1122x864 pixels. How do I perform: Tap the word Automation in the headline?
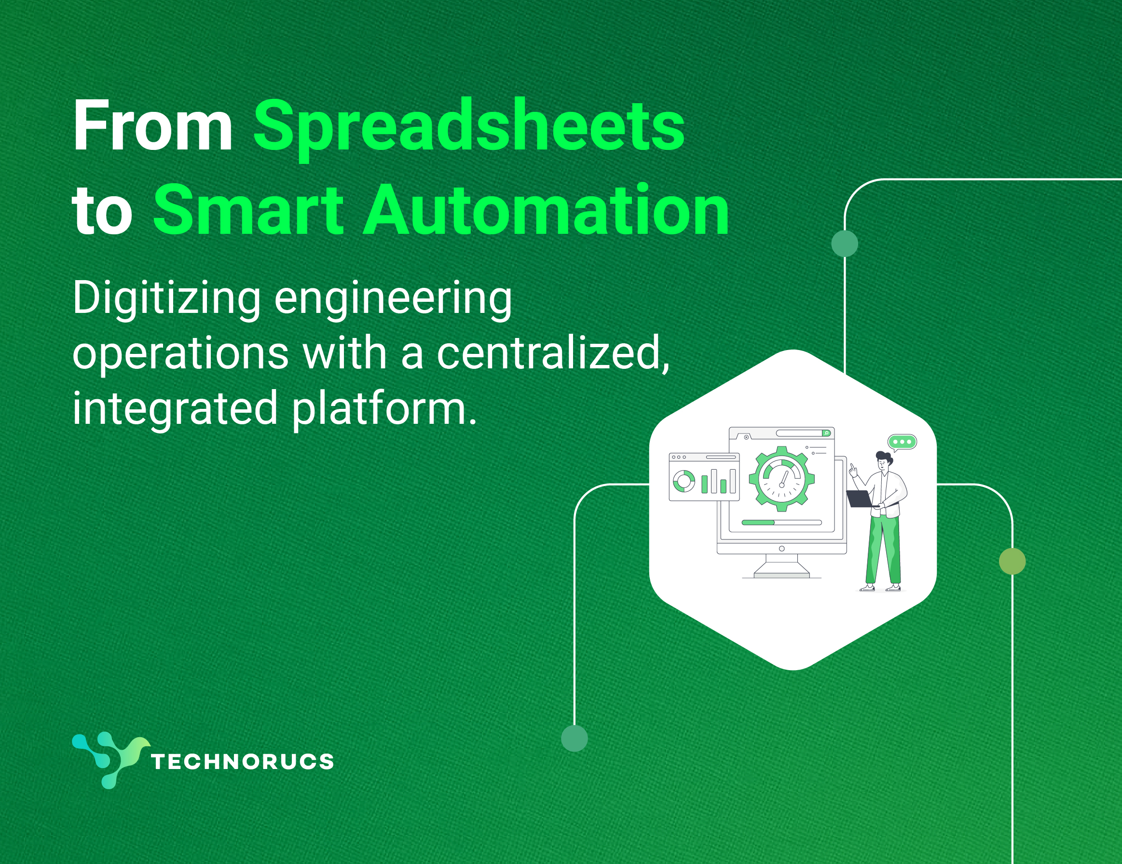546,211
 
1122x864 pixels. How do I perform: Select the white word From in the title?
152,125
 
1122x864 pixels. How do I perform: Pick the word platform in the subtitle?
384,409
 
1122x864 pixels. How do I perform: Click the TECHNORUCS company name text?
243,761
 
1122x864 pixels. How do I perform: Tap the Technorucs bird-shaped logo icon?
110,760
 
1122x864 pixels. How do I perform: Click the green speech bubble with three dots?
902,442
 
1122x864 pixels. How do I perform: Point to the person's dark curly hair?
884,458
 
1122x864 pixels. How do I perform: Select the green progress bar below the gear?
758,523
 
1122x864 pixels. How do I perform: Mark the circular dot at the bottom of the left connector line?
575,738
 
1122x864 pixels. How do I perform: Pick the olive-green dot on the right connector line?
1012,562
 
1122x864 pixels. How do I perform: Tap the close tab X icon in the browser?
746,437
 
